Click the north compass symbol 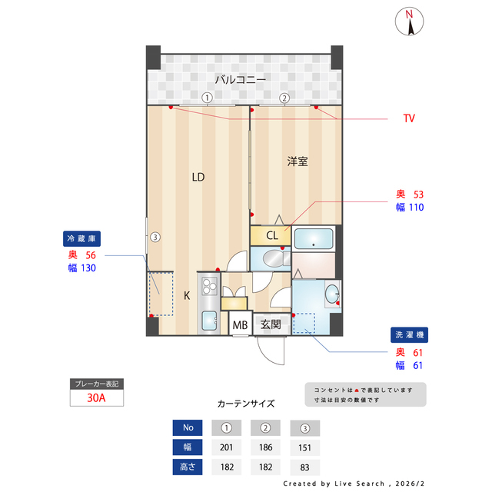pyautogui.click(x=411, y=22)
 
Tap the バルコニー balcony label pyautogui.click(x=240, y=79)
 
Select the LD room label pyautogui.click(x=198, y=177)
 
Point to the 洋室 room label pyautogui.click(x=298, y=161)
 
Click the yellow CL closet pyautogui.click(x=271, y=235)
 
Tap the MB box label pyautogui.click(x=240, y=325)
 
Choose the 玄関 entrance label pyautogui.click(x=270, y=324)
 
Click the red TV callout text pyautogui.click(x=409, y=118)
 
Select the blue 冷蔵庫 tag pyautogui.click(x=81, y=238)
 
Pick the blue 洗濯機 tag pyautogui.click(x=409, y=335)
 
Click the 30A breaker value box pyautogui.click(x=96, y=398)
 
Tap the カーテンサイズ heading pyautogui.click(x=246, y=403)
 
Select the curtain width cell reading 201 pyautogui.click(x=227, y=447)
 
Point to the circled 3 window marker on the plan pyautogui.click(x=155, y=237)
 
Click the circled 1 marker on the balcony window pyautogui.click(x=207, y=98)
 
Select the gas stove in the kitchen pyautogui.click(x=209, y=288)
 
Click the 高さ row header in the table pyautogui.click(x=188, y=467)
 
